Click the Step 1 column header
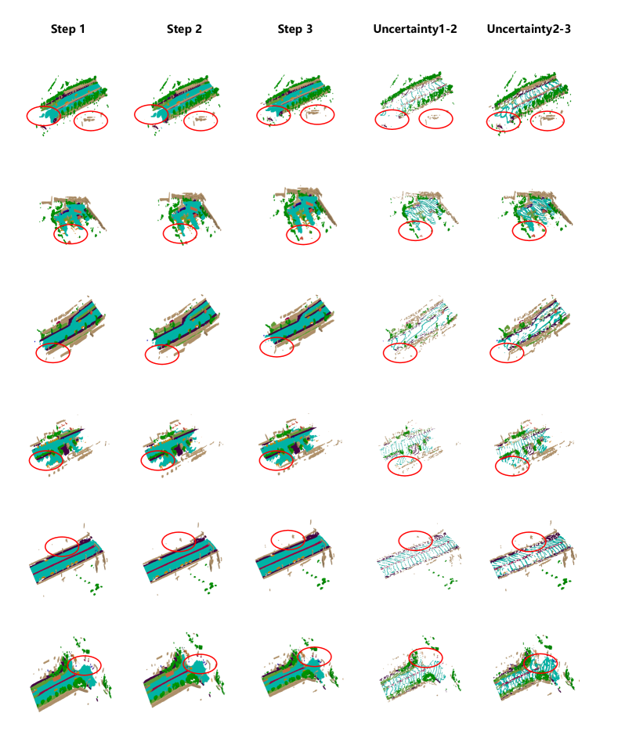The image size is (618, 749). click(x=68, y=29)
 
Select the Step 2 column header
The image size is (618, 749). click(x=184, y=29)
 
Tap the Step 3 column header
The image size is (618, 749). click(x=295, y=29)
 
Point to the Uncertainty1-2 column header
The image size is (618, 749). click(x=415, y=29)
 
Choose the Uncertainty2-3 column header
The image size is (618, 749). click(x=529, y=29)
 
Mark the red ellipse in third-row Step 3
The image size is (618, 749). click(x=260, y=347)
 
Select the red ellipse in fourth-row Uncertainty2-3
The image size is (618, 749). click(x=495, y=466)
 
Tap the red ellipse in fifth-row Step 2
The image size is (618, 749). click(x=162, y=542)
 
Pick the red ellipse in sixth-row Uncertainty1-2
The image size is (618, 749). click(x=410, y=657)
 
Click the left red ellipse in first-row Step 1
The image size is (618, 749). click(x=27, y=116)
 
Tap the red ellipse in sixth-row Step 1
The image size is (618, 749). click(x=67, y=665)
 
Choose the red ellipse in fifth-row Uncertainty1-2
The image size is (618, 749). click(x=399, y=541)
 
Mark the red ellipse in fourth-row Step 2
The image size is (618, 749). click(x=141, y=460)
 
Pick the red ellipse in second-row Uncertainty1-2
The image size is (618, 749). click(x=399, y=231)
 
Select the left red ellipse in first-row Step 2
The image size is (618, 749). click(x=135, y=114)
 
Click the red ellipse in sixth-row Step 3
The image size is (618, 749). click(x=298, y=657)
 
